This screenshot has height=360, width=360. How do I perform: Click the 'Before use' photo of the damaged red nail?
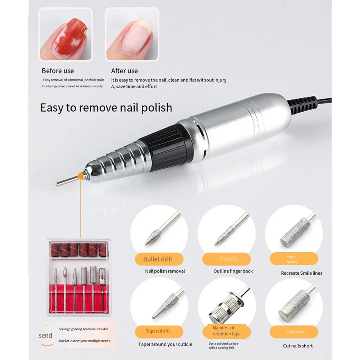[66, 34]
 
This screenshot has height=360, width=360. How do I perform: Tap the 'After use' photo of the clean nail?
[132, 34]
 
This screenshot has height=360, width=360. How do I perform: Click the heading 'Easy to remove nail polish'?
[106, 108]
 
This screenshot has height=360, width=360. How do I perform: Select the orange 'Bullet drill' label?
[158, 259]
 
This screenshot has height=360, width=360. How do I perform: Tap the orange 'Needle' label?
[229, 259]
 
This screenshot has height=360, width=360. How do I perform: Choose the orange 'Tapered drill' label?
[158, 331]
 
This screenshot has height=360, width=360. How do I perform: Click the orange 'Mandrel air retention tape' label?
[226, 331]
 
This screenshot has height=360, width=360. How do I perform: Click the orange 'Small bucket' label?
[292, 259]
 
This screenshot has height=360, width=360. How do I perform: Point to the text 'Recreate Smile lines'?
[302, 273]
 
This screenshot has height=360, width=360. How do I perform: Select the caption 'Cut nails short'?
[298, 346]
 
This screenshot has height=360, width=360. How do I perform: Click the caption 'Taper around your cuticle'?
[165, 345]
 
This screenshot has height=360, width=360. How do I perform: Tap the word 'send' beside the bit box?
[45, 336]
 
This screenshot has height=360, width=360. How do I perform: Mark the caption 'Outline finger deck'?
[233, 271]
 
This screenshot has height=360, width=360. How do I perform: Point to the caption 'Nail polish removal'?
[165, 271]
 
